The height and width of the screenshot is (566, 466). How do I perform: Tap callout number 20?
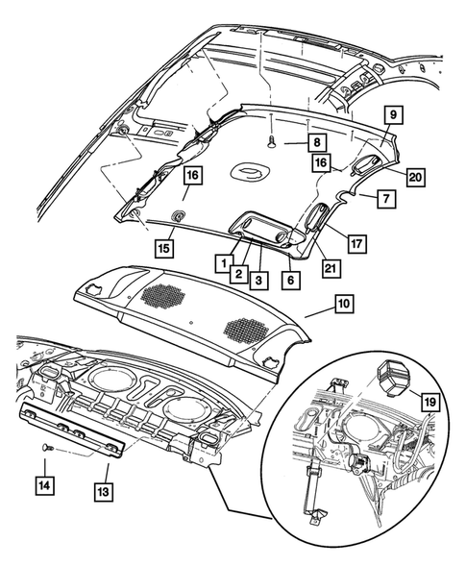click(x=415, y=176)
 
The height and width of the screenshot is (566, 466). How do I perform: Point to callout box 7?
click(x=383, y=200)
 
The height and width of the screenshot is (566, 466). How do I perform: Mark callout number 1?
click(x=221, y=261)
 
